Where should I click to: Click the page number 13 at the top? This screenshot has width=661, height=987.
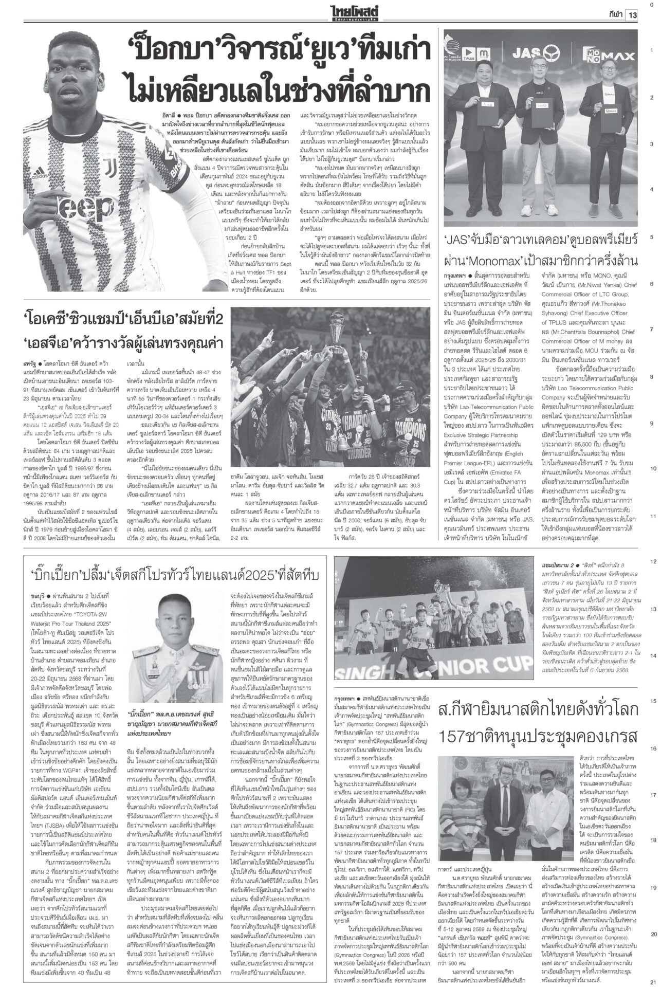tap(631, 15)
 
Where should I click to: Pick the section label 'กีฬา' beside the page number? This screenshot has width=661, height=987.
tap(612, 15)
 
